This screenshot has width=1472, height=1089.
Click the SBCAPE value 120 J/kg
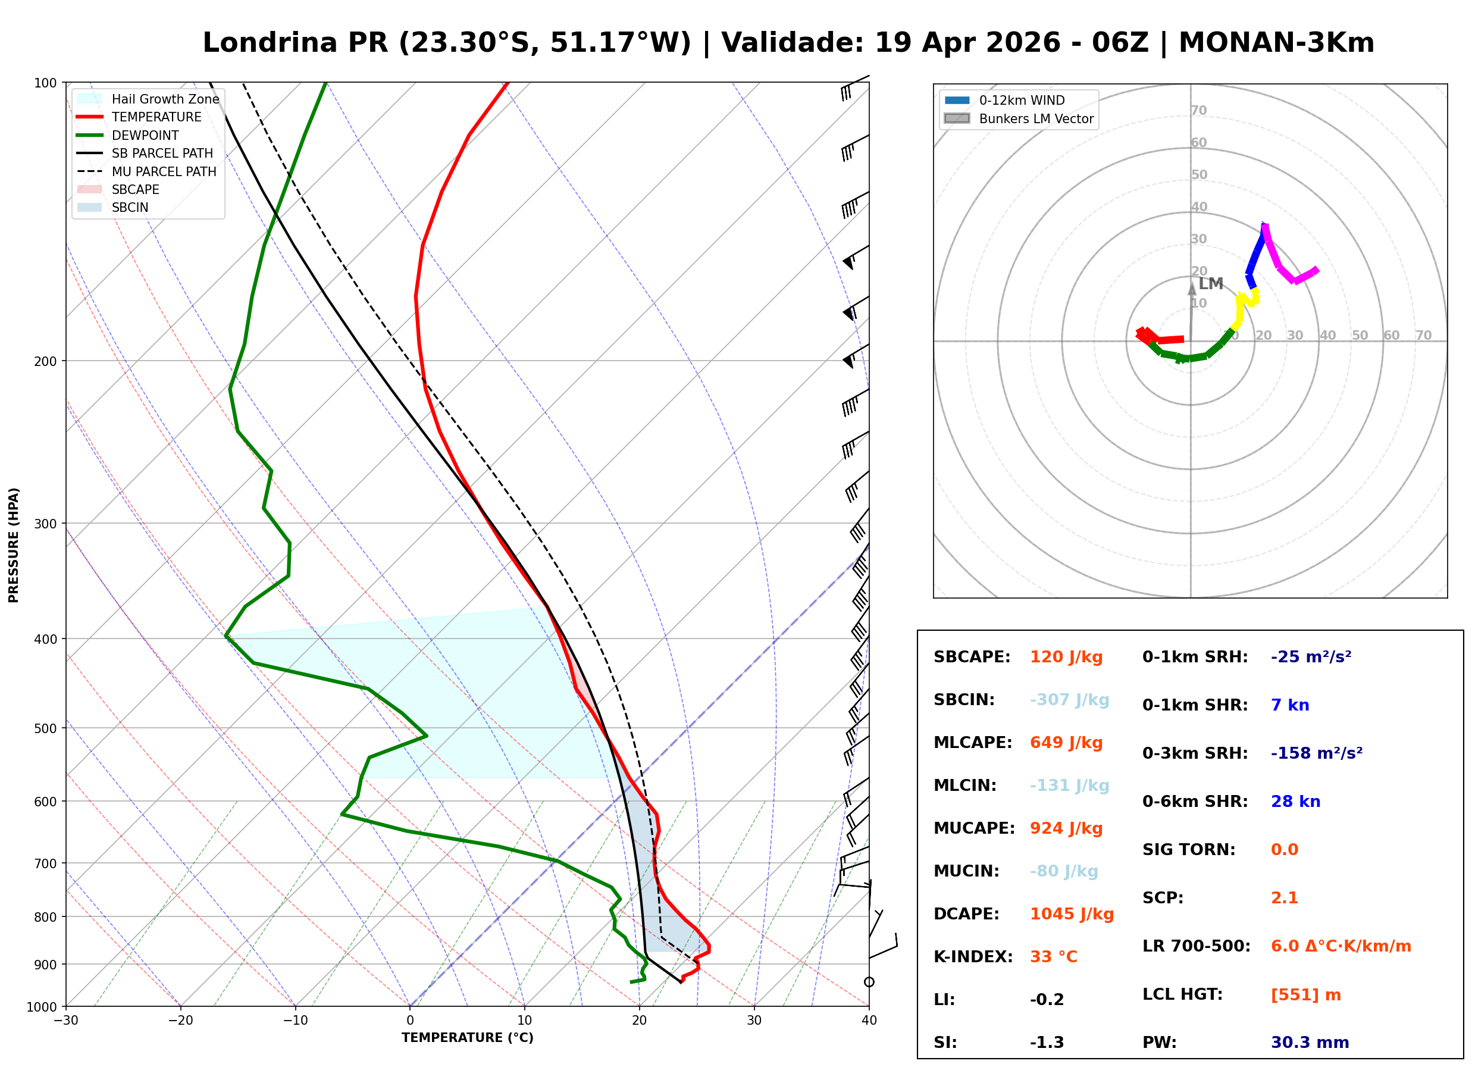point(1066,657)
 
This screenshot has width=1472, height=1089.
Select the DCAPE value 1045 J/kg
point(1072,914)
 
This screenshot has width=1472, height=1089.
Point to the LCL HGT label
point(1182,995)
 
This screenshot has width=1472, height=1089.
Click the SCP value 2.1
point(1283,899)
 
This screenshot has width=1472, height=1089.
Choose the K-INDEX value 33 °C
point(1053,957)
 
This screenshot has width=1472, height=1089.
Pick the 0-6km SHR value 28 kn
point(1295,802)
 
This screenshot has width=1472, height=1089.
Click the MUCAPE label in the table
point(974,828)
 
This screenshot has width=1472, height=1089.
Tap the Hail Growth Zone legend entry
point(165,99)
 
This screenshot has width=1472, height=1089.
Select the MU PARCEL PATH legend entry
point(164,171)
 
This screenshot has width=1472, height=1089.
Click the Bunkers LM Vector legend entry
point(1035,118)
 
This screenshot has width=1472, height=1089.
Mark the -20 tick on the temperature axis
point(180,1021)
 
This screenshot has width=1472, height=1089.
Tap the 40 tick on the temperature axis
point(869,1021)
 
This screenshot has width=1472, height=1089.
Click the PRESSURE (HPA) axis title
point(14,545)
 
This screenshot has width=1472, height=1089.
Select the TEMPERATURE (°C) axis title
point(467,1038)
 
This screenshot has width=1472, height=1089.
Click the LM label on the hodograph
point(1210,284)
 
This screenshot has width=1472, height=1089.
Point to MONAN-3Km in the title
point(1276,43)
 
